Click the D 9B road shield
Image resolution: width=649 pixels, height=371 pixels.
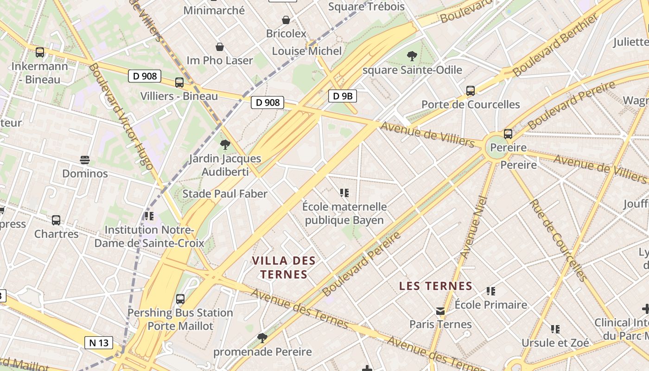[x=343, y=96]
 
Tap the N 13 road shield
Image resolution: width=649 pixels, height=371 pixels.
[x=99, y=343]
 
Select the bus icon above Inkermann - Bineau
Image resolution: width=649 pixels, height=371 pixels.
[x=40, y=52]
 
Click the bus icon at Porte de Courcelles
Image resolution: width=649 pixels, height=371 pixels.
[x=471, y=91]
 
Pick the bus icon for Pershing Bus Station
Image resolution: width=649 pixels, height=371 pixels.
[x=180, y=299]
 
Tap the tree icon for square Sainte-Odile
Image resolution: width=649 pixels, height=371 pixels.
[x=412, y=56]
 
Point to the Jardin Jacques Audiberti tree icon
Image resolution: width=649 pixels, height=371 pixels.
[x=225, y=145]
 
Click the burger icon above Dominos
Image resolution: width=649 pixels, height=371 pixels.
[x=85, y=160]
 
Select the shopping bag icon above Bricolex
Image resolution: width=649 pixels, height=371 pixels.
[x=286, y=20]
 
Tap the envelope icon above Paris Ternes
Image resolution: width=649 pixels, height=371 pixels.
[x=440, y=311]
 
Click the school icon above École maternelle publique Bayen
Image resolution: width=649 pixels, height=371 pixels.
[x=344, y=192]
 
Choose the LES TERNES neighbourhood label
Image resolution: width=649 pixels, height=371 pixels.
[x=436, y=286]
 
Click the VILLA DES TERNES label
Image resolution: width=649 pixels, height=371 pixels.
[x=284, y=268]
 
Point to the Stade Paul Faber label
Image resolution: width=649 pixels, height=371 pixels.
[x=225, y=194]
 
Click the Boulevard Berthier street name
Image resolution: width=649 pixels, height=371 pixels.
[x=556, y=45]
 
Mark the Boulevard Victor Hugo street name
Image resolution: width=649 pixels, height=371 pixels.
[x=121, y=116]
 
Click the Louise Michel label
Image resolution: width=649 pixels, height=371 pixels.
[x=307, y=51]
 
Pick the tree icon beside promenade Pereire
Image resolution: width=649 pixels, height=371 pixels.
[x=262, y=337]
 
